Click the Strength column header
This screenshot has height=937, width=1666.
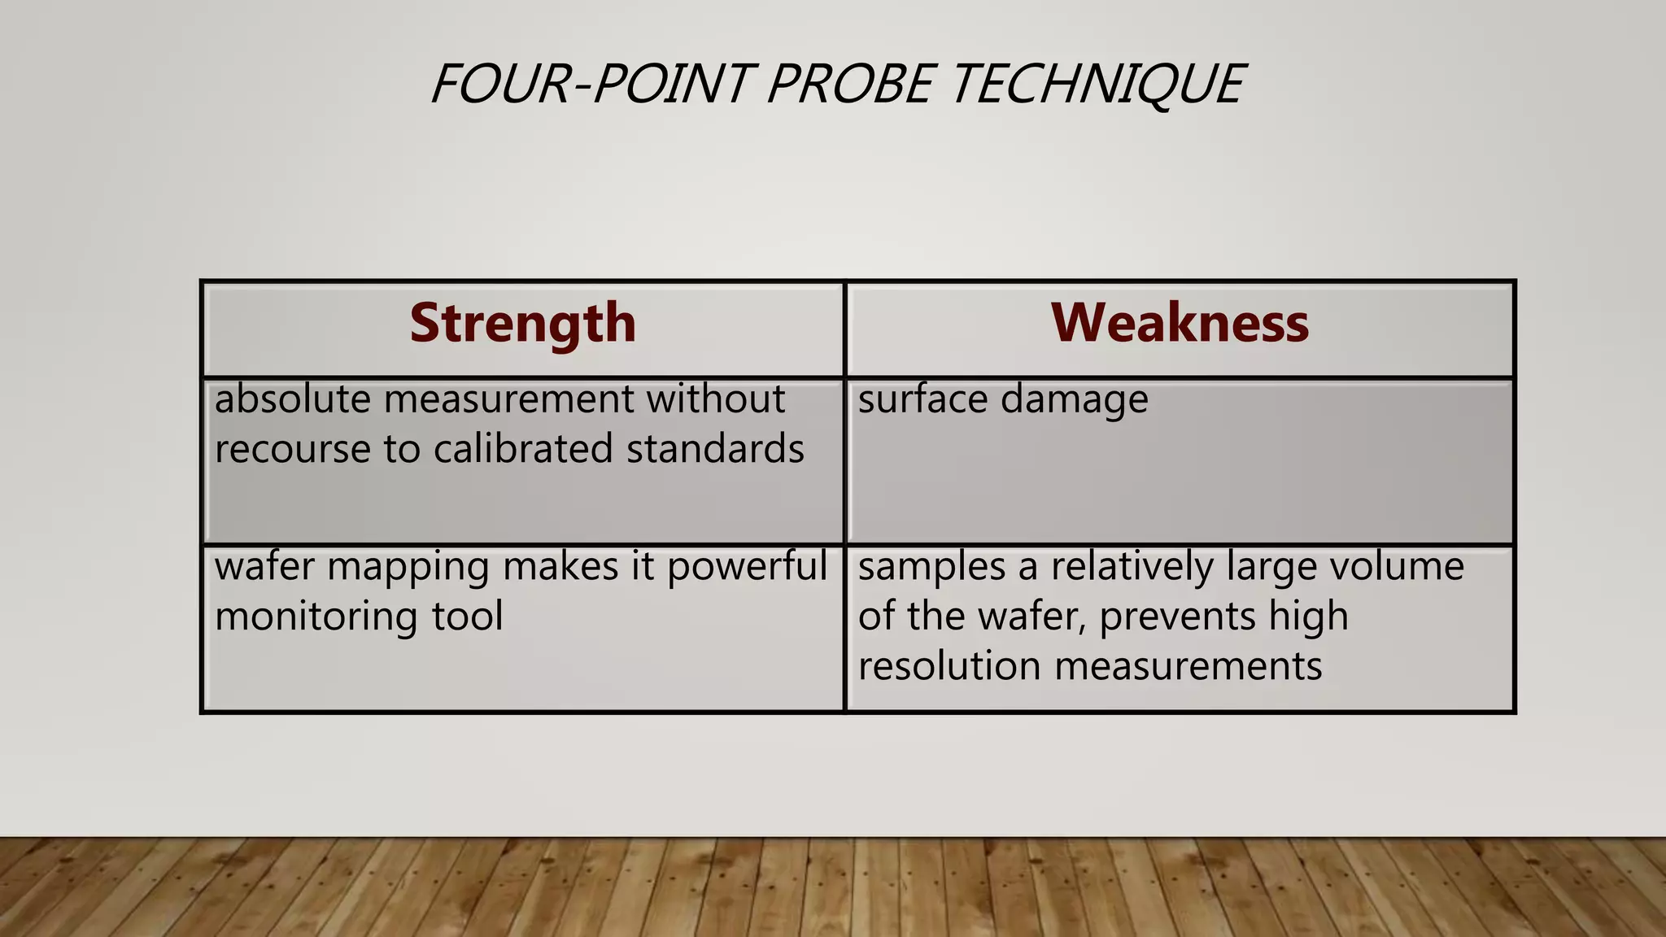click(x=522, y=323)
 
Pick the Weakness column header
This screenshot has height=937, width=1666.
click(x=1180, y=323)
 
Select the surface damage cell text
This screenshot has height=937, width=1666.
click(x=1003, y=400)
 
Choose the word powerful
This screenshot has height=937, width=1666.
click(x=747, y=567)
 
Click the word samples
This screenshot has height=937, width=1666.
click(x=931, y=567)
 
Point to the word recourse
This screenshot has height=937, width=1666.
click(x=293, y=450)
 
